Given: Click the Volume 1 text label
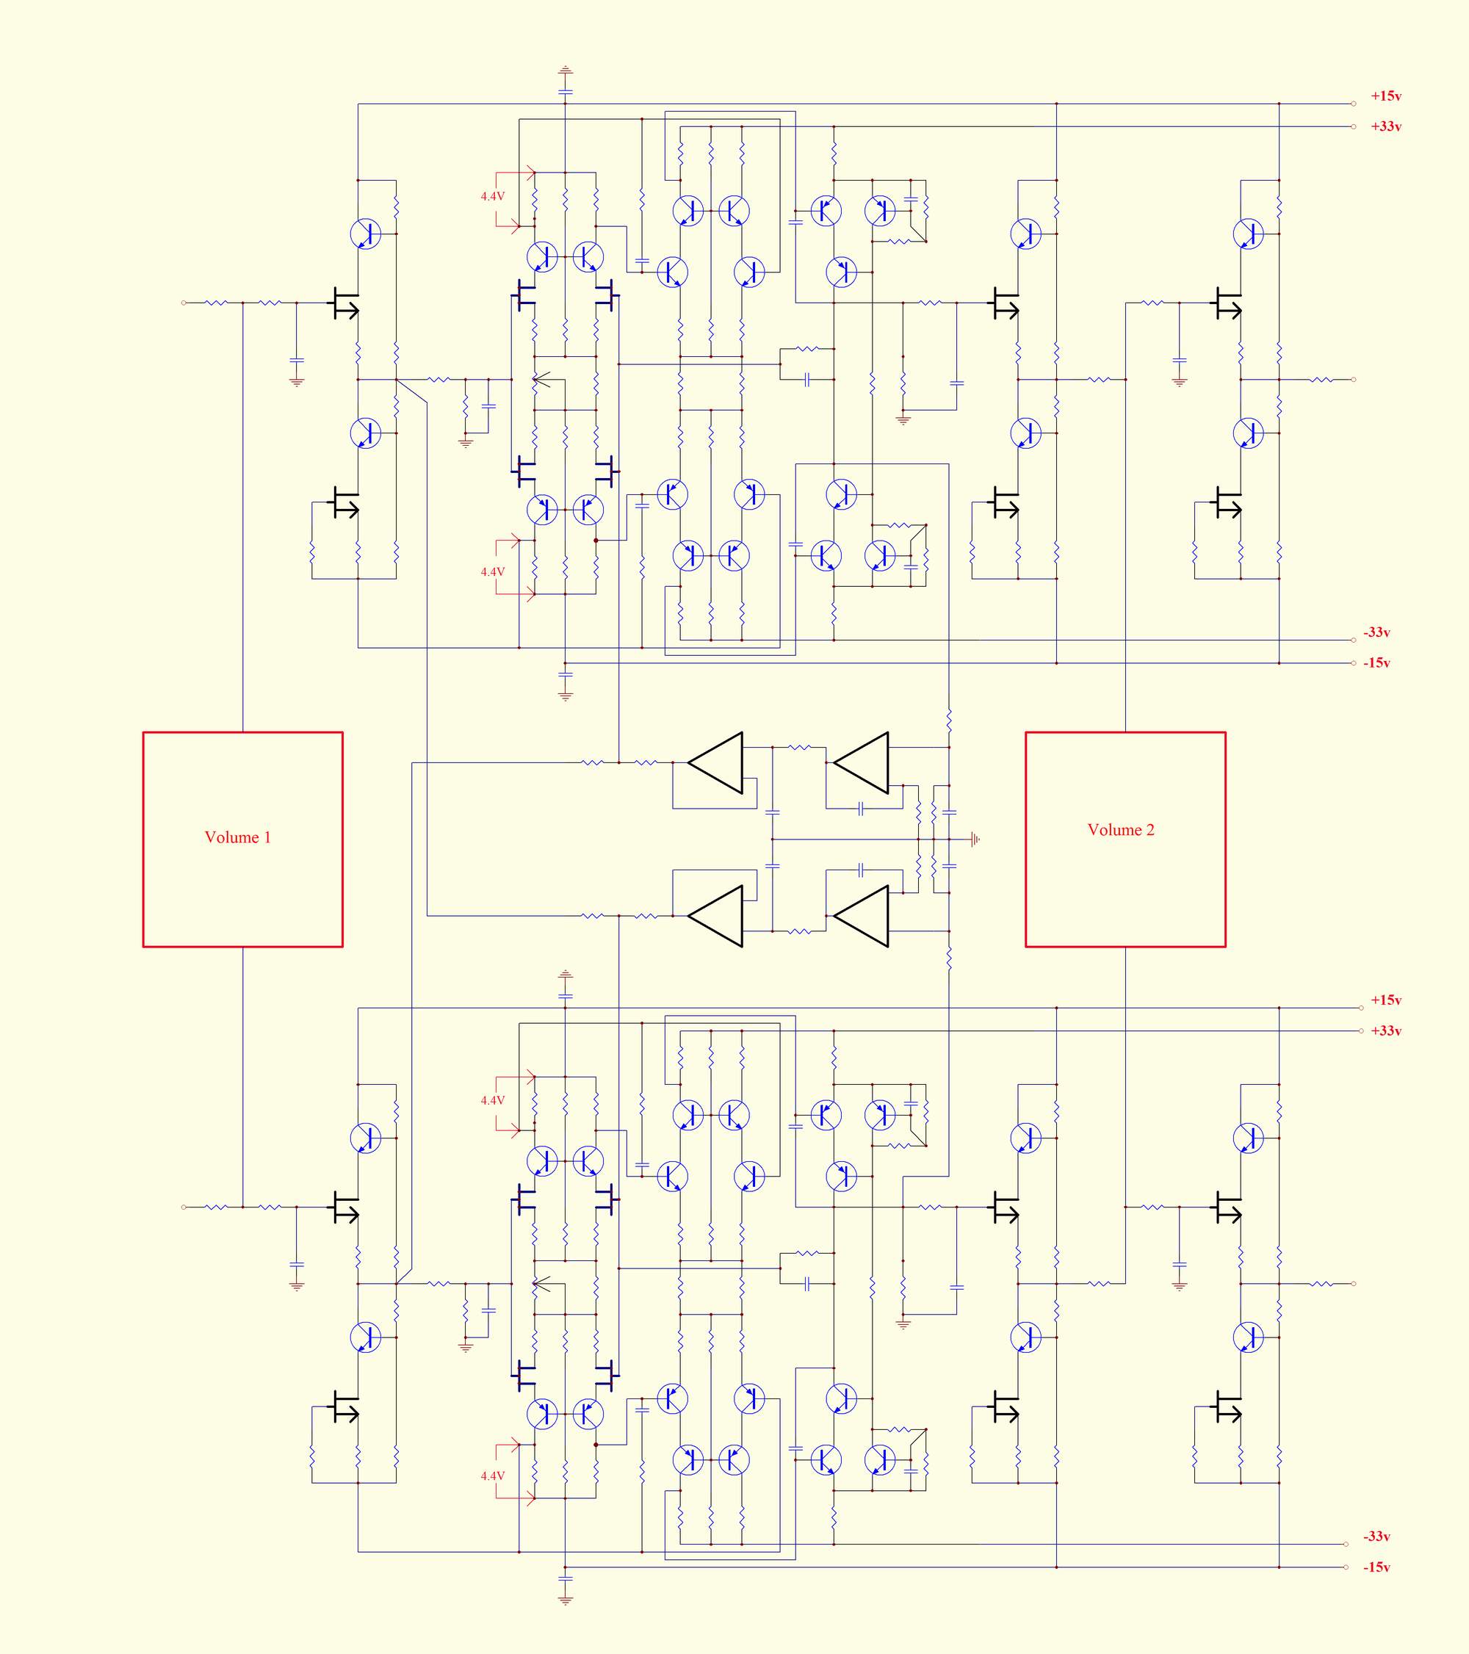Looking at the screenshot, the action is click(x=238, y=837).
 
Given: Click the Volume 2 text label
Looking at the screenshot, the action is click(x=1121, y=829).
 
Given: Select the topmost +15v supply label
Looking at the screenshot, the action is click(x=1387, y=96).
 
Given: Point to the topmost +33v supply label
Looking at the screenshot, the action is click(x=1387, y=127).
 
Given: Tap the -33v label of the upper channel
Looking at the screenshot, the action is click(x=1376, y=633).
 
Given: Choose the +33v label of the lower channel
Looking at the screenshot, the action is click(x=1387, y=1031).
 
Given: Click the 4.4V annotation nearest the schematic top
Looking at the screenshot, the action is click(x=492, y=197).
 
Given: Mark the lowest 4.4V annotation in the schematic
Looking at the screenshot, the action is click(x=492, y=1476).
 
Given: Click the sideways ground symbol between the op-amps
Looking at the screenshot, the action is click(x=976, y=839).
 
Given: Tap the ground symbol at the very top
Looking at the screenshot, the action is click(x=565, y=71).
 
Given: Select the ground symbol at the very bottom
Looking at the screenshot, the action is click(x=565, y=1600).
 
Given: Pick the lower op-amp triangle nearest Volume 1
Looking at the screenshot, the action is click(x=715, y=916).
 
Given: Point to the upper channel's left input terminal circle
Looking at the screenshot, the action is click(x=184, y=303).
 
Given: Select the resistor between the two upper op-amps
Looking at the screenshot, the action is click(x=800, y=748).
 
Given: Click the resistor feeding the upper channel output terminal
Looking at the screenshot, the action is click(x=1321, y=380).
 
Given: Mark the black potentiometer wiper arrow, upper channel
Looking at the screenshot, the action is click(x=541, y=380).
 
